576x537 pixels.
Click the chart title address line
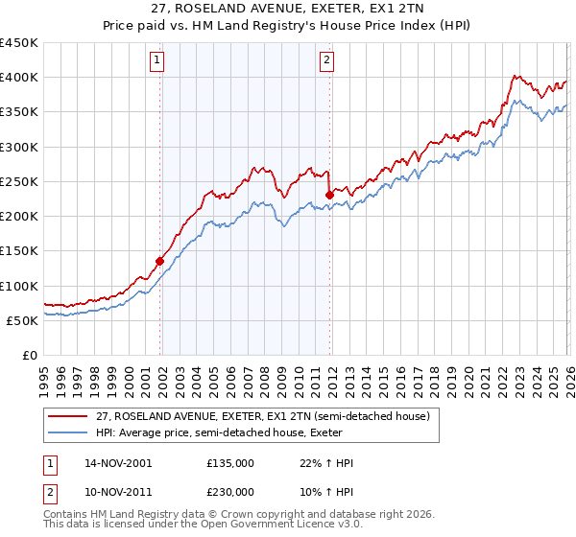[287, 9]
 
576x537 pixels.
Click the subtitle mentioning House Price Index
[287, 25]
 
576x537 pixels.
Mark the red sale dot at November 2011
[329, 195]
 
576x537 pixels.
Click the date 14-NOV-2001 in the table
[117, 463]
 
